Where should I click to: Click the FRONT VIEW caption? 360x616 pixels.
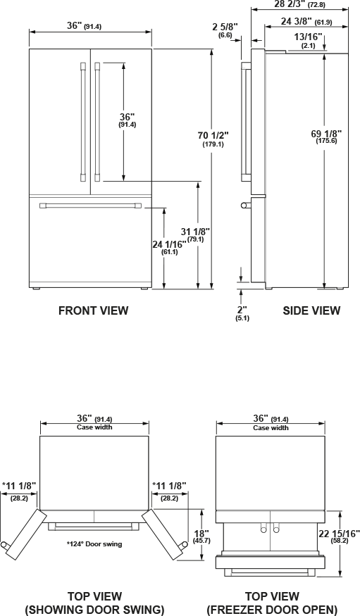pyautogui.click(x=94, y=310)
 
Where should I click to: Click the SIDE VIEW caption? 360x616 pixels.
pyautogui.click(x=311, y=310)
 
